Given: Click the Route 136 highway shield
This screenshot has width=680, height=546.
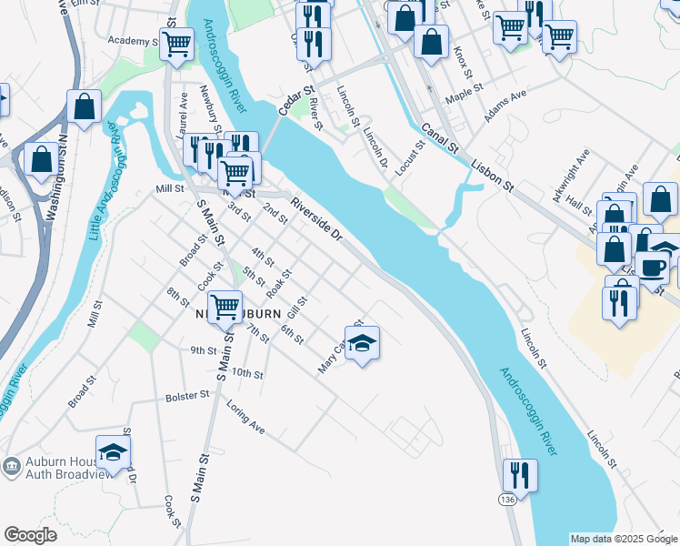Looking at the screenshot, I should (506, 500).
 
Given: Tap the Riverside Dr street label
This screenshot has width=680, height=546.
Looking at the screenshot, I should (316, 219).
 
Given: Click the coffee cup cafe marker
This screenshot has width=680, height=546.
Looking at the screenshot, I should (652, 266).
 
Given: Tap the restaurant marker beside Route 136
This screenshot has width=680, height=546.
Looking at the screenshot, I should (519, 475).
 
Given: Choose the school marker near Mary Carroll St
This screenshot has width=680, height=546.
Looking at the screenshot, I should (362, 343).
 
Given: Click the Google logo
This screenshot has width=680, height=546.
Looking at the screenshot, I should (30, 535).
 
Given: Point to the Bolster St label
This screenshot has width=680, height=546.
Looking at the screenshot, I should (187, 396).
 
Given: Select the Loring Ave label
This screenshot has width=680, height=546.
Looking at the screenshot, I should (245, 416).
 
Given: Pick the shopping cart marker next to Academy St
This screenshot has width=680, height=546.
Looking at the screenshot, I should (177, 42).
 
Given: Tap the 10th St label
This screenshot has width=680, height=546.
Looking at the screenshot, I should (246, 374).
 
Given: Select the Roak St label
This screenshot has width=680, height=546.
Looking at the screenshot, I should (279, 284).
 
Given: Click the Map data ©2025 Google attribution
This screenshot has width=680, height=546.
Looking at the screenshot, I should (624, 539).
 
